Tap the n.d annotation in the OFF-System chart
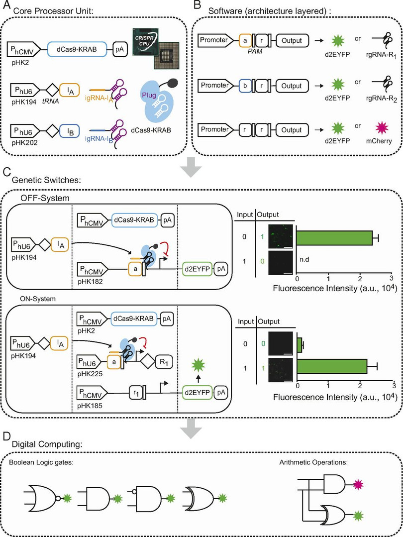pos(304,259)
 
